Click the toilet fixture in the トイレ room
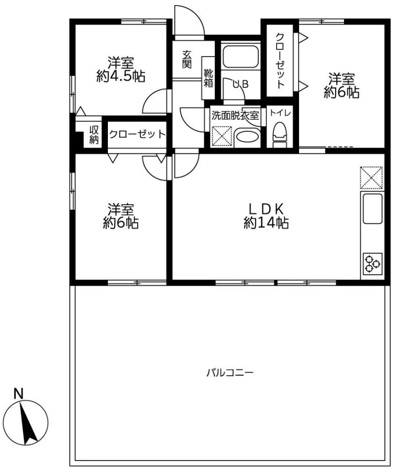pos(280,135)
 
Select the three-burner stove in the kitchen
pos(372,264)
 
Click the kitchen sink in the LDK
pos(372,209)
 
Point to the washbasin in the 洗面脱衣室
pos(247,137)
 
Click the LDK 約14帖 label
pos(266,216)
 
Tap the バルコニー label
pos(230,373)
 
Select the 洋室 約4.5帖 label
pos(121,70)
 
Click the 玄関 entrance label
pos(187,59)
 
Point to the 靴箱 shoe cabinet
pos(208,78)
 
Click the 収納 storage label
pos(94,134)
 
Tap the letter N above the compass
pos(19,394)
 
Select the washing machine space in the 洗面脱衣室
pos(222,137)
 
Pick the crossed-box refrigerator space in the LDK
pos(371,177)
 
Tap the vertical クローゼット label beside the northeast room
pos(280,61)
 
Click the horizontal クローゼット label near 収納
pos(137,134)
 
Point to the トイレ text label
pos(280,113)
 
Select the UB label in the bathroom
pos(240,85)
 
